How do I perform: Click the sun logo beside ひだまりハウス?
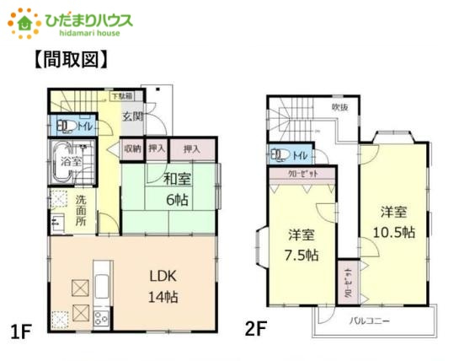click(24, 21)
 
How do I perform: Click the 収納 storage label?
click(133, 148)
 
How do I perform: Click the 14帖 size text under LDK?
click(164, 297)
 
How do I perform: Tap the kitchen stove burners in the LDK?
click(100, 318)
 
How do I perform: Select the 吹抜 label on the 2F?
click(339, 107)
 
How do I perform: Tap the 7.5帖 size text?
click(302, 255)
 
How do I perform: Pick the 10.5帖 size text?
click(395, 232)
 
